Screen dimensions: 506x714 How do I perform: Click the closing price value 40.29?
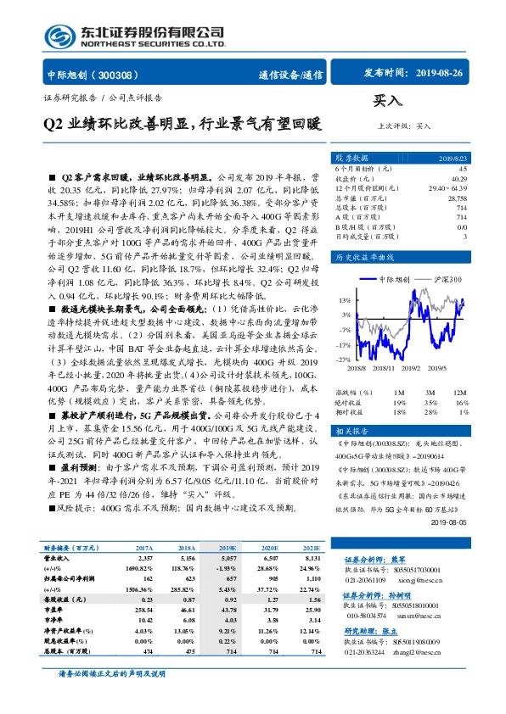coord(458,179)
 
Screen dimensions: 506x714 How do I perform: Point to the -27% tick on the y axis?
coord(345,360)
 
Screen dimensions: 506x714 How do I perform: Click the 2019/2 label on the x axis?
coord(413,368)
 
